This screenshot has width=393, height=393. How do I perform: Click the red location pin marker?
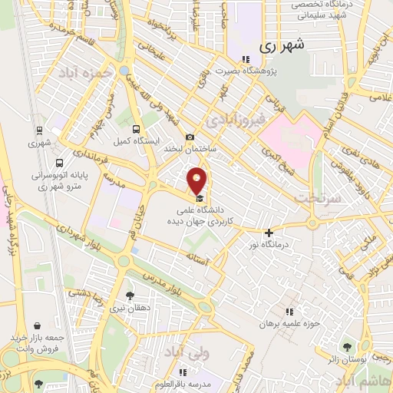(197, 181)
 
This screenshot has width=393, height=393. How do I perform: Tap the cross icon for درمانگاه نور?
(268, 233)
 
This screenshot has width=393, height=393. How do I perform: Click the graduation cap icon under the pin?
(199, 197)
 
